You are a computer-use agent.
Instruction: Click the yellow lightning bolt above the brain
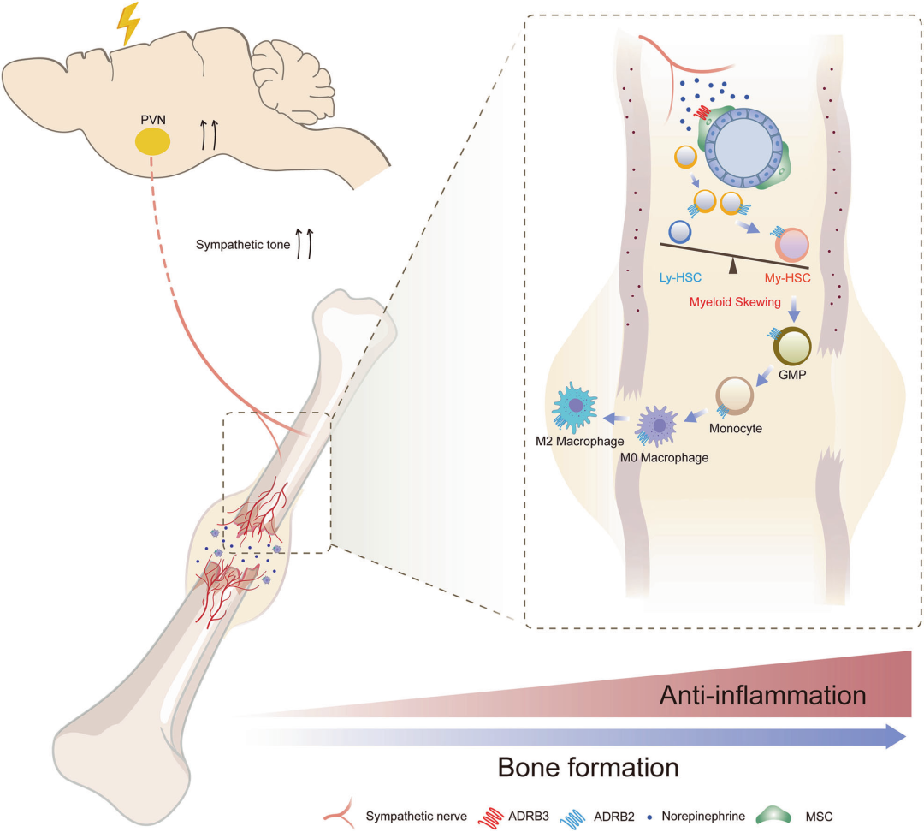point(127,24)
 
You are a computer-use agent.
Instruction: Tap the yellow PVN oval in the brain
point(152,142)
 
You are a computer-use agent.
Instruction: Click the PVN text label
point(153,120)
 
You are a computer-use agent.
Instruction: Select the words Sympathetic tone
point(243,245)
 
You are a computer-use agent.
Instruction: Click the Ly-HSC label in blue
point(681,277)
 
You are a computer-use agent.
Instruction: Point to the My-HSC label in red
point(787,277)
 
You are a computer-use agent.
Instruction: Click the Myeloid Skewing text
point(735,302)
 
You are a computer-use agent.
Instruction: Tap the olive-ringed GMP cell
point(792,346)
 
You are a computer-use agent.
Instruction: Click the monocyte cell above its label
point(734,395)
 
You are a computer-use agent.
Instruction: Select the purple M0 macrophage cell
point(658,425)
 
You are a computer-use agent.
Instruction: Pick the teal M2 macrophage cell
point(574,407)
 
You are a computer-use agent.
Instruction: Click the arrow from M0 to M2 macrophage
point(616,418)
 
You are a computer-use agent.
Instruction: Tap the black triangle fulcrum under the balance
point(733,266)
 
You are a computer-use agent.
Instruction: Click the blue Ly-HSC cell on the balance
point(680,232)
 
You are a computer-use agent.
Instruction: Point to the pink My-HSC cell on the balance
point(792,245)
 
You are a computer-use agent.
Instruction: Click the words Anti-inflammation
point(762,695)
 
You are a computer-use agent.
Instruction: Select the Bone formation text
point(588,768)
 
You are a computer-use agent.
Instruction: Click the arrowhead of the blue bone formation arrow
point(897,736)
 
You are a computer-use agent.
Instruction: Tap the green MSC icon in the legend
point(773,816)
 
